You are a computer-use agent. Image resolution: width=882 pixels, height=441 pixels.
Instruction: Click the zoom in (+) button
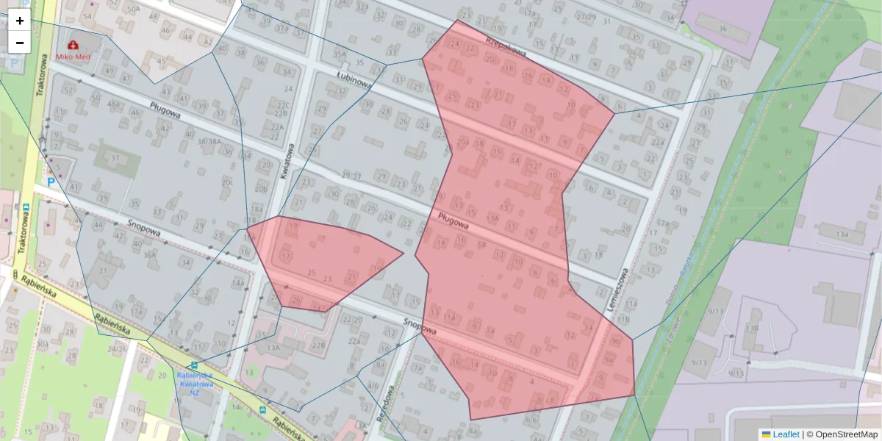click(20, 21)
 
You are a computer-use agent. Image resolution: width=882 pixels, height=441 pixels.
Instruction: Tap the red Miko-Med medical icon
click(73, 46)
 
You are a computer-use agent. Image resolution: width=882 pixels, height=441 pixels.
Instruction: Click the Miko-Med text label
click(73, 57)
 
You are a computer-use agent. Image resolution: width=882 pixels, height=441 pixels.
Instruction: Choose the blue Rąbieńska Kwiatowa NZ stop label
click(195, 383)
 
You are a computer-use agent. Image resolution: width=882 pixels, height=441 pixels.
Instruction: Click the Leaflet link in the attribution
click(786, 434)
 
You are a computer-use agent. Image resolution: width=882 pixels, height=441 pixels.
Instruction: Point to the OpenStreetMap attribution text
click(846, 434)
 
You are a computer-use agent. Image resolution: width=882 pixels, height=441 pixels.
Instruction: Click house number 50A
click(133, 9)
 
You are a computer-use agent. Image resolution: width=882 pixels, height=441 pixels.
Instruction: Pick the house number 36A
click(150, 255)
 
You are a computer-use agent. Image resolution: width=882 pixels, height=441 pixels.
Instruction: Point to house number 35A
click(339, 54)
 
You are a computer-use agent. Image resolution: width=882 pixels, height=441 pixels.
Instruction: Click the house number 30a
click(43, 345)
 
